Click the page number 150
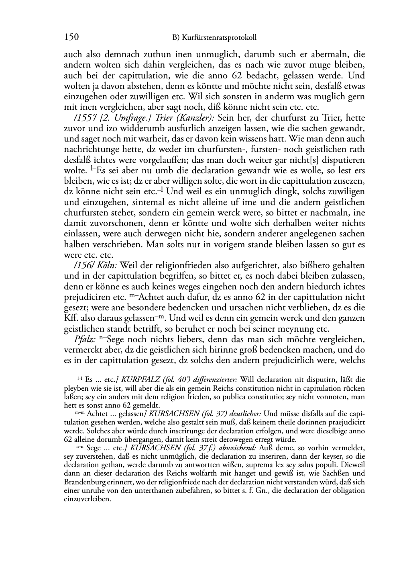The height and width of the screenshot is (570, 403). [71, 37]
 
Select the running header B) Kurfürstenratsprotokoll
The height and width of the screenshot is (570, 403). [214, 38]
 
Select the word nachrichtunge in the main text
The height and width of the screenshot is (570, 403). [90, 150]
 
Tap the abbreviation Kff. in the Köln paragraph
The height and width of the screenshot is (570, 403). [71, 318]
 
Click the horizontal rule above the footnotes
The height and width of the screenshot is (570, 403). [95, 373]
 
